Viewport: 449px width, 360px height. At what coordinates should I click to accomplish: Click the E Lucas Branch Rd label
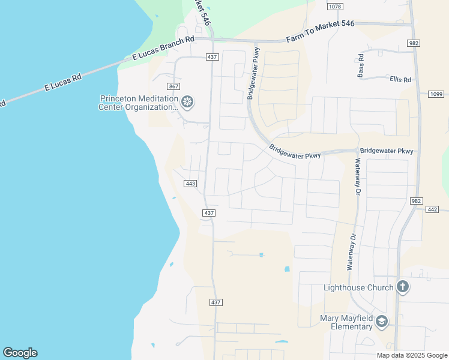(x=163, y=49)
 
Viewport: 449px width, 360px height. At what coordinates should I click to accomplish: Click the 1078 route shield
(x=335, y=7)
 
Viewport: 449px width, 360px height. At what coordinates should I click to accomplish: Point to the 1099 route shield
(x=436, y=94)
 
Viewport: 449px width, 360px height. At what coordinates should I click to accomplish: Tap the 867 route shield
(x=174, y=86)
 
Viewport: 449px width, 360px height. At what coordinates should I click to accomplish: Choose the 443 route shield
(x=191, y=184)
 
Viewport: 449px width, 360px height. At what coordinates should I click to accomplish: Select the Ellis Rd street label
(x=400, y=79)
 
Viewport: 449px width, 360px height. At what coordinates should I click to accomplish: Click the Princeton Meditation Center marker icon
(x=187, y=103)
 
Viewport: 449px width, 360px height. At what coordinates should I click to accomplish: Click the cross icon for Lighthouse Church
(x=402, y=287)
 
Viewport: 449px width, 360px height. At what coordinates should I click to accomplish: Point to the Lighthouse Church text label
(x=358, y=287)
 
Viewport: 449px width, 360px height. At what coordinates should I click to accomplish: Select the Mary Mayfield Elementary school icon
(x=381, y=322)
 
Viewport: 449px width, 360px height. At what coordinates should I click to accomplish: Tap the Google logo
(x=20, y=353)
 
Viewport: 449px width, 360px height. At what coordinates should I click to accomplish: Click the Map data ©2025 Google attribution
(x=411, y=355)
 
